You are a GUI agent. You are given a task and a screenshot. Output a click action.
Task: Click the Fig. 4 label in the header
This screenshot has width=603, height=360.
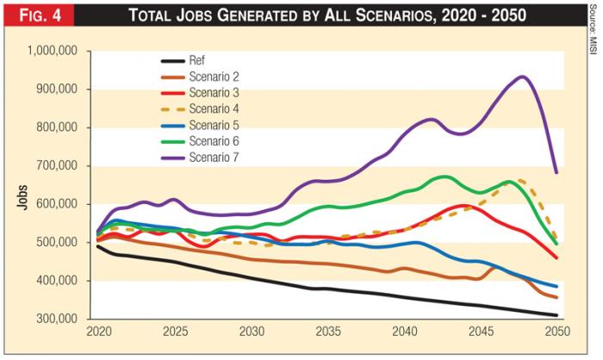tap(37, 15)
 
